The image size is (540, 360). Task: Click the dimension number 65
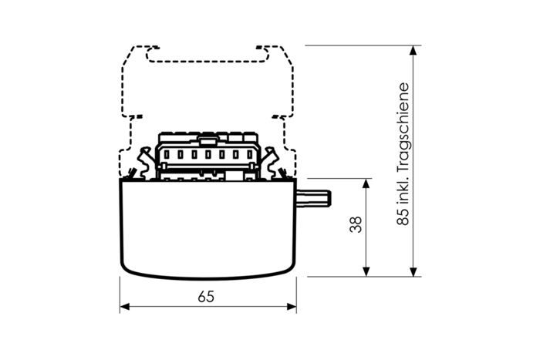pos(206,296)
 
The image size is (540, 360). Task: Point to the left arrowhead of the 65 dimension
pos(124,308)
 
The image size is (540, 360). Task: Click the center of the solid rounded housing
pos(208,227)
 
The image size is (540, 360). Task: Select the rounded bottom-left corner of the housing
pos(126,266)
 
